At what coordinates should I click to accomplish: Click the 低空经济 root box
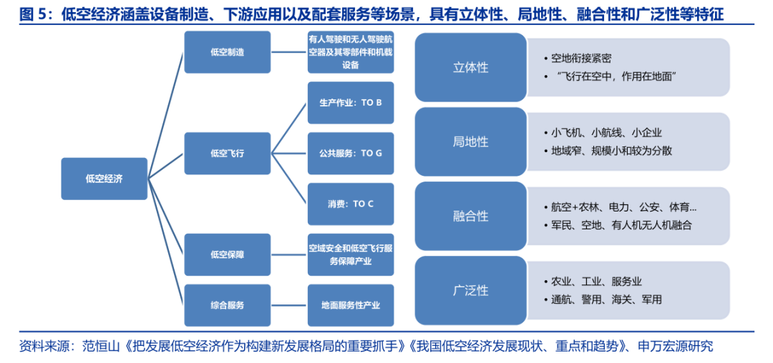click(x=103, y=179)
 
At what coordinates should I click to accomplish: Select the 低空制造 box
click(x=227, y=52)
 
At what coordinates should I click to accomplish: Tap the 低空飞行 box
click(x=227, y=153)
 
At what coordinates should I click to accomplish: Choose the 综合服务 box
click(x=227, y=305)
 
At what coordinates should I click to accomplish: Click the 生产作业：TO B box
click(x=350, y=103)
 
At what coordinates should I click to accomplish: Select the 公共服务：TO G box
click(x=350, y=153)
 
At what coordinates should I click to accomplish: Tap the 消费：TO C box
click(x=350, y=204)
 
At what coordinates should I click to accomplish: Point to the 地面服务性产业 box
click(x=350, y=305)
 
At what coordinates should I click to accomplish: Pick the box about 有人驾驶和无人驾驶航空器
click(x=350, y=52)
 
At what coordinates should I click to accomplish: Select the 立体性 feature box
click(x=470, y=68)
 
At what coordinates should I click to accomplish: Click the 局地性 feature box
click(x=470, y=141)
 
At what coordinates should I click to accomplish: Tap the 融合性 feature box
click(x=470, y=216)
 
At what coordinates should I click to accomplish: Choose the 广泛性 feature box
click(x=470, y=290)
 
